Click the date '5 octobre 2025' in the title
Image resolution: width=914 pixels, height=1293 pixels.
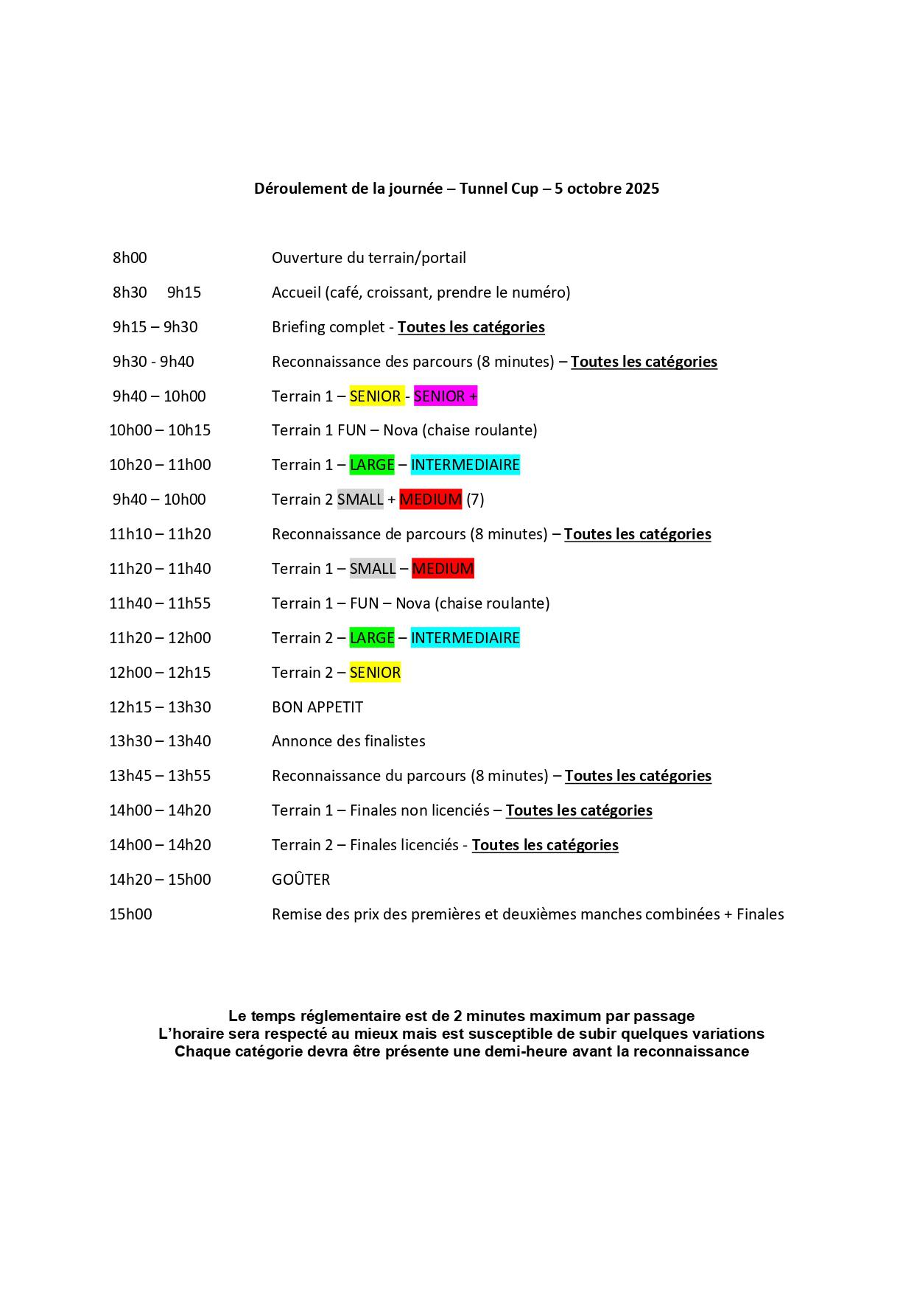(607, 189)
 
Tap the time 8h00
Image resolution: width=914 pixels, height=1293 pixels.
(130, 258)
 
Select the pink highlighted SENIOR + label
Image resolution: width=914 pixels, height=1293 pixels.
(445, 396)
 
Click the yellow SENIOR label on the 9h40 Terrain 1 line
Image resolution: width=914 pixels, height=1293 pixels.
(375, 396)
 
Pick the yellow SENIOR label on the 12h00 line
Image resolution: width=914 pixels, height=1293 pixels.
(375, 673)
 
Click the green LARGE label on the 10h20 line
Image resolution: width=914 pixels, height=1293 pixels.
(372, 465)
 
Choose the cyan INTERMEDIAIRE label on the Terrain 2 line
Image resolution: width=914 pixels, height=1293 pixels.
(465, 638)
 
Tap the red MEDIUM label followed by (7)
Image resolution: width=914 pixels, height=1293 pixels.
(430, 500)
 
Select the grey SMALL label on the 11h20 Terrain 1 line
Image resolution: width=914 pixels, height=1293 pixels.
(372, 569)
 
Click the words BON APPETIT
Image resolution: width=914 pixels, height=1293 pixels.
(317, 707)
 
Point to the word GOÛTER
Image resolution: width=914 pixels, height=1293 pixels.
(300, 880)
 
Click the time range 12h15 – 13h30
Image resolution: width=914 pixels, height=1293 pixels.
(160, 707)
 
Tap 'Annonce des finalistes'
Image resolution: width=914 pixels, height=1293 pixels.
(348, 741)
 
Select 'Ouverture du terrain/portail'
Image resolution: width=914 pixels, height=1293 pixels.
(368, 258)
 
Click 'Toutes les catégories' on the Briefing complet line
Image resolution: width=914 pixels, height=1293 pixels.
(471, 327)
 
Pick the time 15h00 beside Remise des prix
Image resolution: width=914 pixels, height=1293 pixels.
(130, 914)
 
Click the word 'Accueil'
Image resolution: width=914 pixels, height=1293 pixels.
(296, 292)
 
